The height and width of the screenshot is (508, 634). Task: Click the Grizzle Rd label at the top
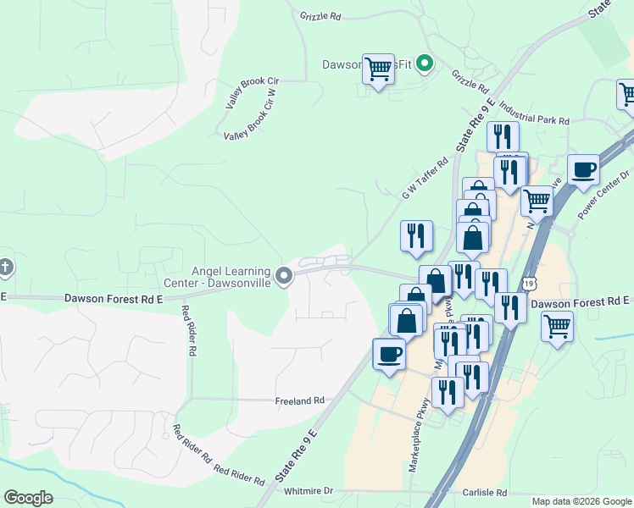(320, 16)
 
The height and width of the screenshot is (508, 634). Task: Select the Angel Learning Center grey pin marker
(284, 275)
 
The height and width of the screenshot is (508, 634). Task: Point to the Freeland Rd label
(300, 400)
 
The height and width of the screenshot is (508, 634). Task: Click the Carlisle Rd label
(485, 493)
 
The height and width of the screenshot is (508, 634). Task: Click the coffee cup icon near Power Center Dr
(582, 169)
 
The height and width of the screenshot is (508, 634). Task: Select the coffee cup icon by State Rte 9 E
(389, 354)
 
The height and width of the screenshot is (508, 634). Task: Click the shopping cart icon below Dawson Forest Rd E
(557, 325)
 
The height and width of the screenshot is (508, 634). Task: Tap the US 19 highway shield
(529, 283)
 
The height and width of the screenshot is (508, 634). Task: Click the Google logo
(28, 498)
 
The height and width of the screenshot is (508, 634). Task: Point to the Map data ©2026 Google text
(581, 501)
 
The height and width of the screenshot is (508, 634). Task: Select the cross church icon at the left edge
(4, 268)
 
